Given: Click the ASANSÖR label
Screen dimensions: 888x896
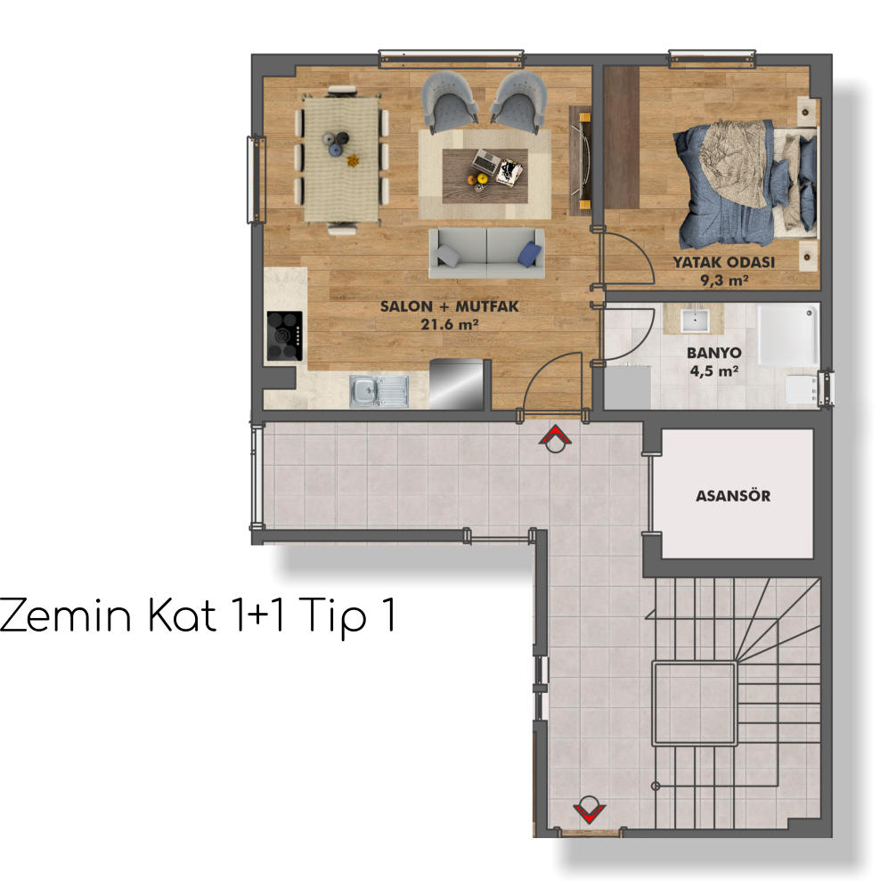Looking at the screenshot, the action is point(733,495).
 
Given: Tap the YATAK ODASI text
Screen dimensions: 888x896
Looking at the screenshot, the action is point(723,262).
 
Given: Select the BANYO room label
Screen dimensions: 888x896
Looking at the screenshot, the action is point(713,353).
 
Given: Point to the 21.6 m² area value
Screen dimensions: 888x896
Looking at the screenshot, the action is point(449,324).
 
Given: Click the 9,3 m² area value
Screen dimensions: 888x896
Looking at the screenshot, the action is point(724,280).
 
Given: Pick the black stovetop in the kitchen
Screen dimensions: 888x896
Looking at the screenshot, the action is point(285,336).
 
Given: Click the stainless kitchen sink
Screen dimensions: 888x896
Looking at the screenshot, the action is point(379,391).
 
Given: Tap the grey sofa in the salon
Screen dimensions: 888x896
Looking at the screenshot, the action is point(487,253).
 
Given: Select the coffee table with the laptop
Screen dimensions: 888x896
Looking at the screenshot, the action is point(485,175).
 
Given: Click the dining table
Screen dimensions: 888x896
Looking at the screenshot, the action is point(341,159).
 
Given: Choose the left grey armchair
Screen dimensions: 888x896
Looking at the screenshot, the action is point(450,102).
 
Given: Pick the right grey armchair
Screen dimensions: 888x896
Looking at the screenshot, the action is point(518,102).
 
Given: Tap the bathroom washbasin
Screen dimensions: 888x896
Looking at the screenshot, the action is point(695,321).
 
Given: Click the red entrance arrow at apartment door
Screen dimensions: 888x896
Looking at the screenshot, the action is point(555,437).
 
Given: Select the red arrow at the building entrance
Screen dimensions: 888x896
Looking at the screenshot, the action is point(589,810).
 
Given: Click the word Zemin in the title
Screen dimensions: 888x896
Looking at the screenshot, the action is point(66,615).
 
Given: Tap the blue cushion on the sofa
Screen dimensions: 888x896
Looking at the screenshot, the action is point(530,255).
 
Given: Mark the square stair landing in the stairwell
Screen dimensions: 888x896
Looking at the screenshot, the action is point(695,704).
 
